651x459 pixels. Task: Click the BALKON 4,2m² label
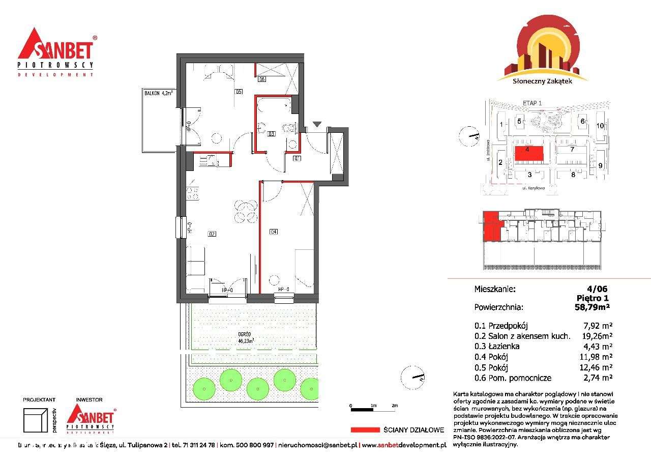coord(158,93)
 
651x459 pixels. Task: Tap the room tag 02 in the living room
coord(212,234)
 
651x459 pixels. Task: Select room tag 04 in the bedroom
coord(274,232)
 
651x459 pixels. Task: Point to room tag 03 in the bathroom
coord(272,134)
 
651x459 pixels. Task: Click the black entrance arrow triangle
coord(317,124)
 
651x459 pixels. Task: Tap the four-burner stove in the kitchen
coord(192,193)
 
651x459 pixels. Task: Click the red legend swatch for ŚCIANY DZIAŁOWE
coord(365,429)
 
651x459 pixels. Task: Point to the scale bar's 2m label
coord(395,405)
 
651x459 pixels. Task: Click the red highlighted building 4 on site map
coord(527,153)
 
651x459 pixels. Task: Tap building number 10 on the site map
coord(600,126)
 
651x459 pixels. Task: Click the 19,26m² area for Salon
coord(596,336)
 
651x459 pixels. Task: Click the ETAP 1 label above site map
coord(532,103)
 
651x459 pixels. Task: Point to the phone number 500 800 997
coord(254,445)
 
